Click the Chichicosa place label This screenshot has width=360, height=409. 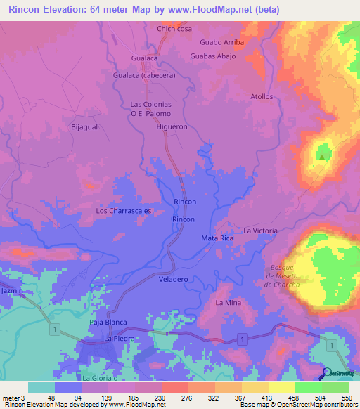click(175, 29)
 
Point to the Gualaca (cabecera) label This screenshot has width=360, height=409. click(143, 74)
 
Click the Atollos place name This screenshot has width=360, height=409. click(261, 96)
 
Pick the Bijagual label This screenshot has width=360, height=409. click(84, 127)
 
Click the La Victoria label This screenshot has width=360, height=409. click(261, 231)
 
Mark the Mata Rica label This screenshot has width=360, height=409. click(217, 239)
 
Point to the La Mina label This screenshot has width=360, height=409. click(229, 303)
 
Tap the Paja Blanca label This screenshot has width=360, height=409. click(108, 322)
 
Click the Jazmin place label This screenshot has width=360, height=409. click(12, 290)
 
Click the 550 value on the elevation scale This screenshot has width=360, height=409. click(347, 398)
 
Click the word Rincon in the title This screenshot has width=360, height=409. click(24, 10)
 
